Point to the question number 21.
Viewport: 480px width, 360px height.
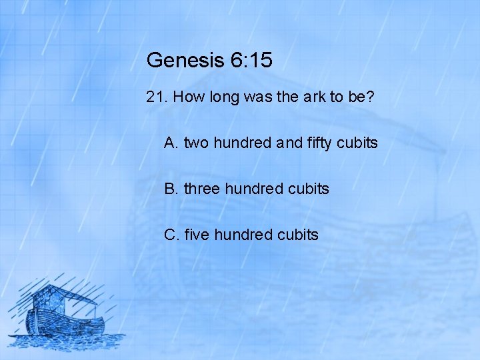click(x=156, y=98)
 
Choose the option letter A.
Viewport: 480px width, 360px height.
click(x=171, y=143)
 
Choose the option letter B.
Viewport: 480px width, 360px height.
click(x=171, y=189)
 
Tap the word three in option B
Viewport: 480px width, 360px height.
click(x=202, y=189)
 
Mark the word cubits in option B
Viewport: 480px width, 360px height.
click(x=308, y=189)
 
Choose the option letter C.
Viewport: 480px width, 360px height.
click(x=171, y=235)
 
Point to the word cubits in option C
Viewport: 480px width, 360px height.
click(x=297, y=235)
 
